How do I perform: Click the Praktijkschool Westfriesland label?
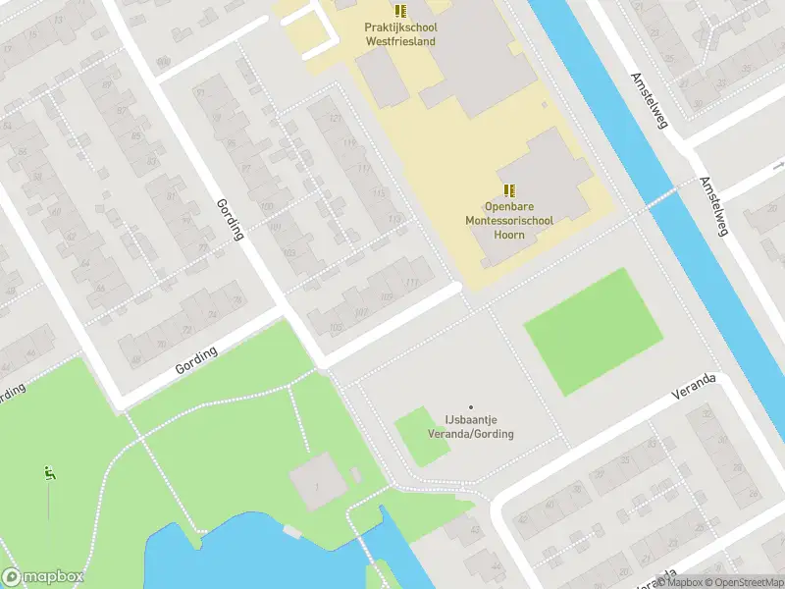click(x=400, y=34)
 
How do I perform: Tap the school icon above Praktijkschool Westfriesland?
click(x=400, y=11)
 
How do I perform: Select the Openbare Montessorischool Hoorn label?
click(x=508, y=221)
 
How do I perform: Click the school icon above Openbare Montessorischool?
click(x=508, y=189)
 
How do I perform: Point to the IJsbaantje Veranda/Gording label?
click(x=470, y=427)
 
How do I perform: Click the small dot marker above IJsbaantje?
click(x=470, y=407)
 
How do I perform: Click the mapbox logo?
click(x=43, y=576)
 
